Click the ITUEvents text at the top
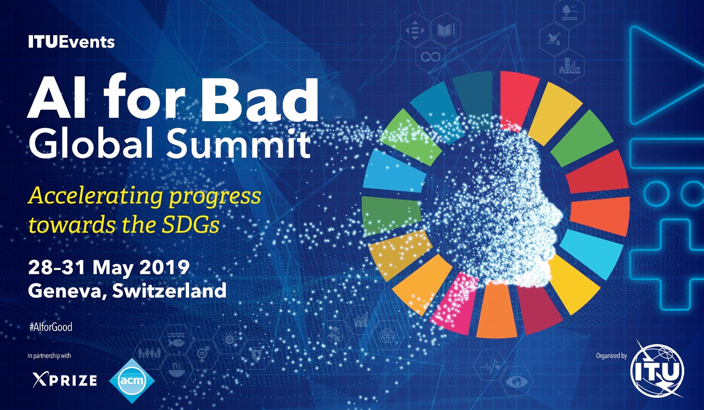[71, 42]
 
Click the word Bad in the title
[259, 98]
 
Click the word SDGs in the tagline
[190, 224]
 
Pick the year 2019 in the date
[164, 267]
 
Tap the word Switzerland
[169, 290]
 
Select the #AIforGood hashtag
[51, 327]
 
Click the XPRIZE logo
[65, 380]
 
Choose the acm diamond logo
[132, 380]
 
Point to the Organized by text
[611, 356]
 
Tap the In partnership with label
[49, 356]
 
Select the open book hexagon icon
[446, 30]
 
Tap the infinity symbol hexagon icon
[431, 57]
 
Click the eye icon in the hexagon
[516, 382]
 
